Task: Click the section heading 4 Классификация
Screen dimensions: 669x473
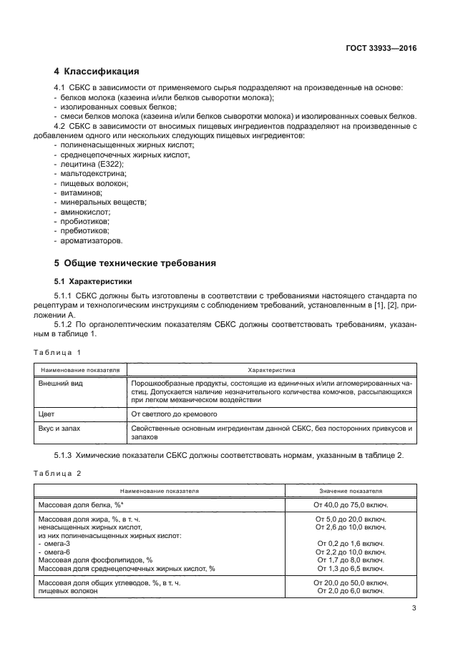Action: click(x=97, y=72)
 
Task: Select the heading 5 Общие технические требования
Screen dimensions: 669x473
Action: click(x=135, y=263)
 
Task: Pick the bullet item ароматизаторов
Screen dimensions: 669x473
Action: click(x=90, y=240)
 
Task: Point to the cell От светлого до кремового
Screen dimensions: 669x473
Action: click(x=174, y=413)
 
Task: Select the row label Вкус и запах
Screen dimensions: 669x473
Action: click(x=59, y=427)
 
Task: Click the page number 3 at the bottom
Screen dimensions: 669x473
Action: click(x=414, y=608)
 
